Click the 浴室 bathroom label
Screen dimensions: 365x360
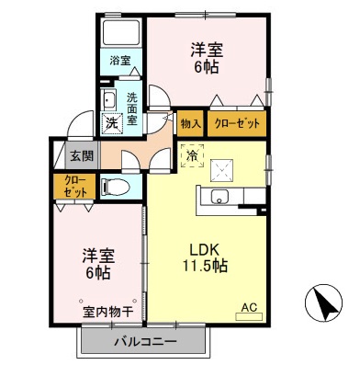[120, 61]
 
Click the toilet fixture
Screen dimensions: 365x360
[115, 188]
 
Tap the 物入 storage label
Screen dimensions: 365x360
[191, 123]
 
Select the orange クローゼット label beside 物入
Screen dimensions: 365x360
[236, 123]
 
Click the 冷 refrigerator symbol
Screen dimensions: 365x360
[192, 156]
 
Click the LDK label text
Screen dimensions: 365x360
[203, 246]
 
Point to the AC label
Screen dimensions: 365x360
[248, 308]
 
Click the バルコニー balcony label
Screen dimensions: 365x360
[145, 344]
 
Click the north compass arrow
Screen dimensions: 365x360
[321, 302]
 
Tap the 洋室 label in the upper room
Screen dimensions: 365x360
[208, 48]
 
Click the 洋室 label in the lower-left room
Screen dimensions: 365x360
[98, 257]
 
